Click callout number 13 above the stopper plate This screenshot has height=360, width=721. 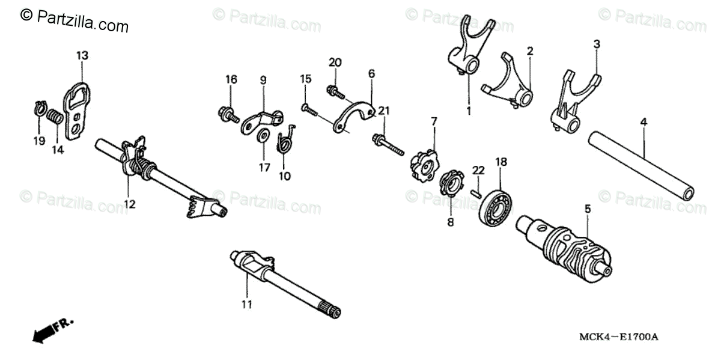pos(82,55)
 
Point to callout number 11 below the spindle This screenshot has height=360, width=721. pos(246,305)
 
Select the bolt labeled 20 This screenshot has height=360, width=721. pos(334,91)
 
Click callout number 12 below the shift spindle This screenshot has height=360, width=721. pos(130,204)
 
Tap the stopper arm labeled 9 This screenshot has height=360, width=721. pos(261,120)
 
